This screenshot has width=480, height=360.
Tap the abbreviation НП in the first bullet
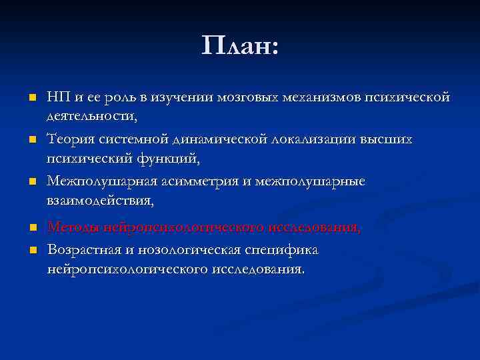(57, 98)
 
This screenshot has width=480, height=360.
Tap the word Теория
(67, 139)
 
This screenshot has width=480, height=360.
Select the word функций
(168, 158)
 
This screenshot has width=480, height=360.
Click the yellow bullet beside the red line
(31, 228)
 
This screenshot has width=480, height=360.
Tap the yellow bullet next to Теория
(31, 140)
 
